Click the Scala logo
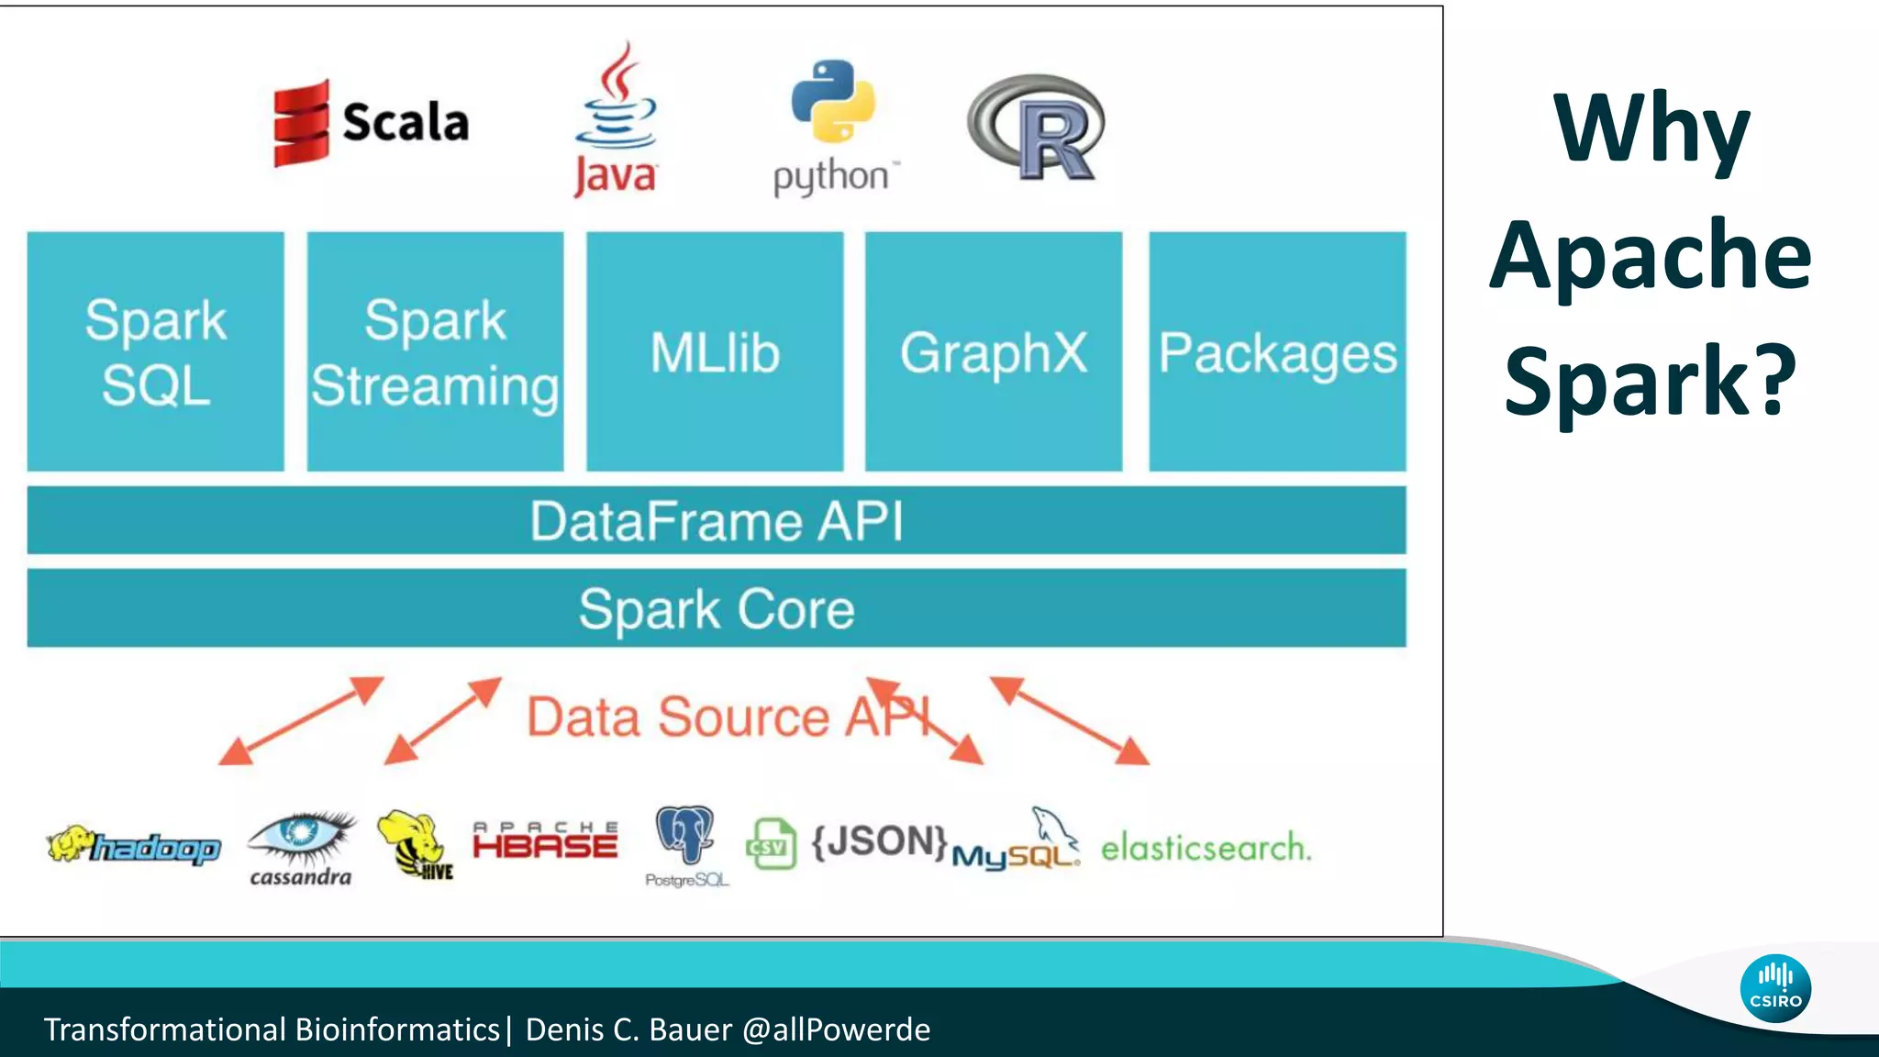tap(372, 123)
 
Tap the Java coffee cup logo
tap(616, 119)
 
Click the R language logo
tap(1037, 128)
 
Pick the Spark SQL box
tap(155, 351)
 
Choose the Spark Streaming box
tap(435, 351)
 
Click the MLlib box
tap(715, 351)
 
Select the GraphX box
tap(994, 351)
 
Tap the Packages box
tap(1277, 351)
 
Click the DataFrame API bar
tap(716, 520)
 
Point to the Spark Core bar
tap(716, 608)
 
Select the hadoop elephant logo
tap(134, 846)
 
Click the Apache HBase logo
tap(545, 840)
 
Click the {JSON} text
tap(879, 841)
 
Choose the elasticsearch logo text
tap(1206, 848)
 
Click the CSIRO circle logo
tap(1775, 989)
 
